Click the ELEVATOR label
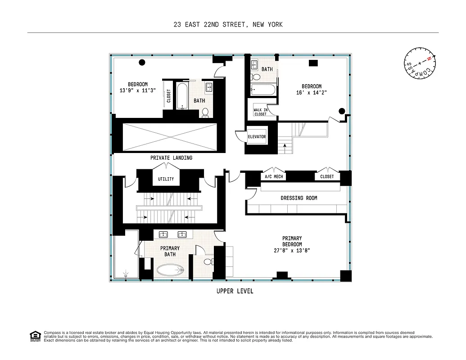click(x=257, y=137)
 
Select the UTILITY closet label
click(x=166, y=179)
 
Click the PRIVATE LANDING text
click(x=171, y=158)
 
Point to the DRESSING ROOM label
click(x=299, y=198)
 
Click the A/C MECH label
click(x=274, y=176)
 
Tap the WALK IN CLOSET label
click(x=260, y=112)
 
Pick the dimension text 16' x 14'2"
click(x=311, y=93)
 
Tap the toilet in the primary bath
click(x=208, y=261)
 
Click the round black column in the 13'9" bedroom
click(x=142, y=63)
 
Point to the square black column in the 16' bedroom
click(x=312, y=63)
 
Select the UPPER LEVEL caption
click(x=235, y=291)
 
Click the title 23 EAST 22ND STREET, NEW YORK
click(x=228, y=25)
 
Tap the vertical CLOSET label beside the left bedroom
click(x=169, y=96)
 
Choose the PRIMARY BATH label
click(x=170, y=251)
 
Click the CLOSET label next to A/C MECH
click(x=327, y=176)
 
